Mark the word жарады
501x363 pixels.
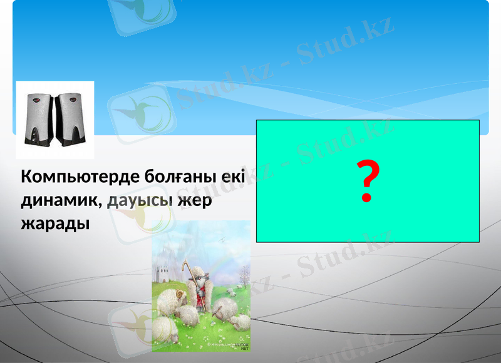[55, 224]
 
